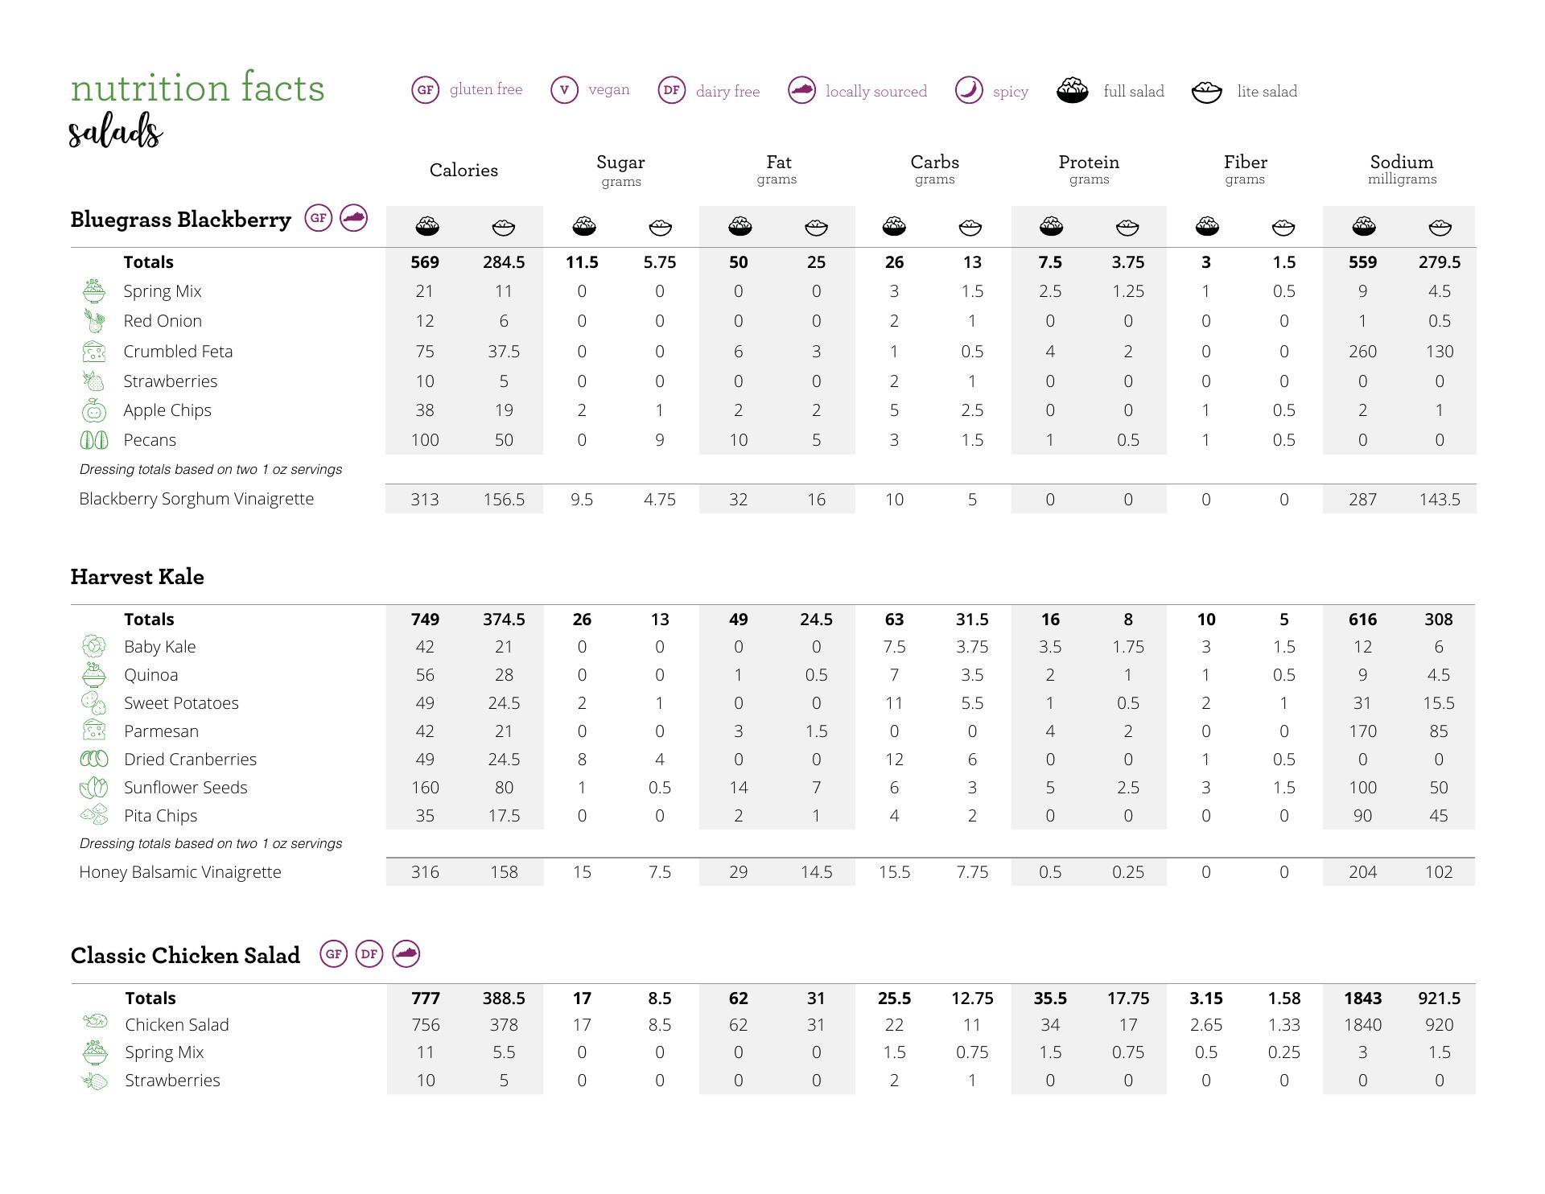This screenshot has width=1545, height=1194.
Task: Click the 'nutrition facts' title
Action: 197,88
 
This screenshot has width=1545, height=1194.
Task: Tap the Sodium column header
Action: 1402,163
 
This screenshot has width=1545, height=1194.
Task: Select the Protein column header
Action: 1089,163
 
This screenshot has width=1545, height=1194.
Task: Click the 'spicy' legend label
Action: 1010,92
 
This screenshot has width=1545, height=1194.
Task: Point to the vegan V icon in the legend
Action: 564,89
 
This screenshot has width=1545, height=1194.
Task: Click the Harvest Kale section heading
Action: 137,577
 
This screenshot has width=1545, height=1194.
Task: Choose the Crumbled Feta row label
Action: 178,352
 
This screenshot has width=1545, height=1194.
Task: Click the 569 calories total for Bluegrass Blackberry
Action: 425,262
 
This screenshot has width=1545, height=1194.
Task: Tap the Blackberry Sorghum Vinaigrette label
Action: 196,499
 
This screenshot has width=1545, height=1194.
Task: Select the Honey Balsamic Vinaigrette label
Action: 180,872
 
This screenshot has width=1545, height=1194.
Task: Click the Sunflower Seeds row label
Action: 185,788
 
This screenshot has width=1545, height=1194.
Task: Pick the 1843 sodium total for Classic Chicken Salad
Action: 1362,998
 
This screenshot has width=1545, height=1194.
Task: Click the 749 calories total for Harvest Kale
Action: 425,620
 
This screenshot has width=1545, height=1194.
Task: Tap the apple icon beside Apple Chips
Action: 94,410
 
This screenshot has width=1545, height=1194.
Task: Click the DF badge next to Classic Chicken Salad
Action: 369,954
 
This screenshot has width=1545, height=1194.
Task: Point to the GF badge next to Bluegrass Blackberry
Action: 319,218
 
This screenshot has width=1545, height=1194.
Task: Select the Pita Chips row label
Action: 160,816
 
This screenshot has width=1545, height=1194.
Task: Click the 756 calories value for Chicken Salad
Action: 425,1025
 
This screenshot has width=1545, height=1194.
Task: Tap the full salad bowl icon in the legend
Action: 1072,90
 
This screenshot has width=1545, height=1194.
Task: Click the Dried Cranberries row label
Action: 190,760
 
